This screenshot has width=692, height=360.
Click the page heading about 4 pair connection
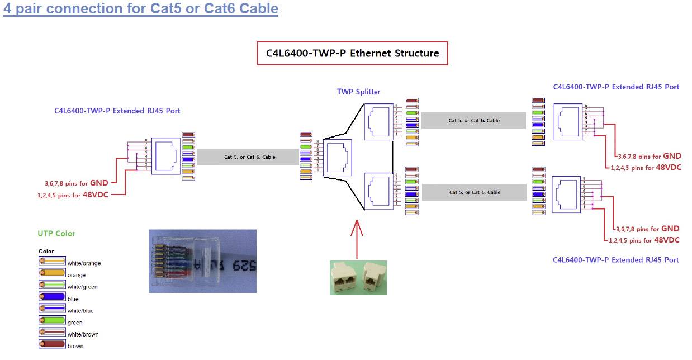[140, 9]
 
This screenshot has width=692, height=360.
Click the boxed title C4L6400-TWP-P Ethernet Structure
[352, 54]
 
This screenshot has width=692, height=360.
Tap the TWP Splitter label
[358, 92]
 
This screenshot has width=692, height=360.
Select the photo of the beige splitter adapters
[358, 277]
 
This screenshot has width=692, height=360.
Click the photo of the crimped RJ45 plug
[202, 261]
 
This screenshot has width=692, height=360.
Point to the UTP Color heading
[56, 234]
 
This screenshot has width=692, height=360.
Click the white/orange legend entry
[84, 263]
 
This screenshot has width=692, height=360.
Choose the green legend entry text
[75, 323]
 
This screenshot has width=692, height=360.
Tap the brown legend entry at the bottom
[75, 346]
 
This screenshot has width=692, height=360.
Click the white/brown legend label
[83, 334]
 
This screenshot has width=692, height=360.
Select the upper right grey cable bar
[473, 120]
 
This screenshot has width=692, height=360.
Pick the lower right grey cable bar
[474, 192]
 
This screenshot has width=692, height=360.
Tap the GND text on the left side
[99, 182]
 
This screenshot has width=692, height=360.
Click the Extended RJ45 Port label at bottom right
[616, 260]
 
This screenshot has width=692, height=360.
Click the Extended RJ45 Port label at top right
[616, 87]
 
